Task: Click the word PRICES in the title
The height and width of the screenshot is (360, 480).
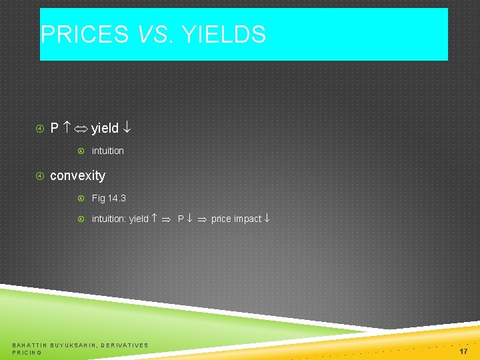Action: click(x=85, y=35)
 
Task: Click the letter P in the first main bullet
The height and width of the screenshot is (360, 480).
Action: click(x=55, y=128)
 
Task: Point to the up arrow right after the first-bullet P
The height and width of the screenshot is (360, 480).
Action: click(x=67, y=127)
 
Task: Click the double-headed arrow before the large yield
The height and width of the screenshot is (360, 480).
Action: click(x=81, y=128)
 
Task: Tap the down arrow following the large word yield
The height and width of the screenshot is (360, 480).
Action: click(x=127, y=128)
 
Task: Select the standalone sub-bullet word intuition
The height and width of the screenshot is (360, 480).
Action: click(x=107, y=151)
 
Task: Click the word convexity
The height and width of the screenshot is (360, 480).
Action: click(x=77, y=175)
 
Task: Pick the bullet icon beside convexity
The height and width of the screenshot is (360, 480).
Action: click(x=39, y=176)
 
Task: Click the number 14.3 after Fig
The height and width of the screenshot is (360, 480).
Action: click(x=117, y=198)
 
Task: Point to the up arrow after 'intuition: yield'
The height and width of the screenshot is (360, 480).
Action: click(x=154, y=219)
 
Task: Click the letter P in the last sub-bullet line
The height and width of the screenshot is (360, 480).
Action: click(x=181, y=219)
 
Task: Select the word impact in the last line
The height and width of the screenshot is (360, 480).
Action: click(x=248, y=219)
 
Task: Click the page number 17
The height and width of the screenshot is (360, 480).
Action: click(x=463, y=350)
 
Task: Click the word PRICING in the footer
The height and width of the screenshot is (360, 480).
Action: click(x=27, y=352)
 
